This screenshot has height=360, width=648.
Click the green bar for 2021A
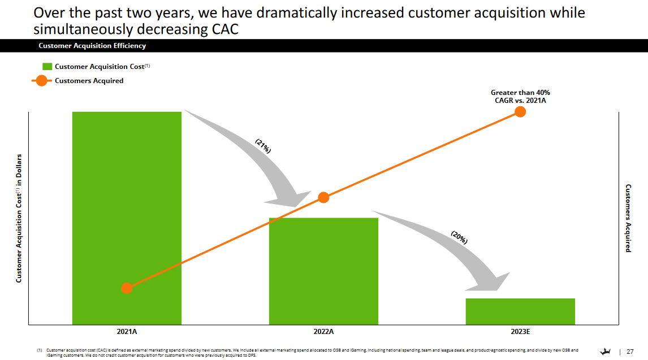tap(127, 218)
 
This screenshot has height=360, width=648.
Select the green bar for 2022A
tap(323, 271)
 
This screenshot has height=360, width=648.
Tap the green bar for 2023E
tap(520, 311)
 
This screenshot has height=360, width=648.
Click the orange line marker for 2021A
tap(127, 288)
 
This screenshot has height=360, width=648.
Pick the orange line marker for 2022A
tap(323, 197)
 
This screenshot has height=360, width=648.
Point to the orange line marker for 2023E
tap(520, 112)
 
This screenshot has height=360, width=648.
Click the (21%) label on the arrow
tap(263, 146)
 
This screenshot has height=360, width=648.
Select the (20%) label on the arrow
tap(459, 237)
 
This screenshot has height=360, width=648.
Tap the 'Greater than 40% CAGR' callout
tap(520, 96)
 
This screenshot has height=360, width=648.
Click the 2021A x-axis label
tap(127, 331)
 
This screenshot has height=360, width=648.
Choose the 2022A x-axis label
tap(323, 331)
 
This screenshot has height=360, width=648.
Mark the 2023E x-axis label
tap(520, 331)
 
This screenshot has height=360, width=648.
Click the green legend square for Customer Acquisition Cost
tap(47, 67)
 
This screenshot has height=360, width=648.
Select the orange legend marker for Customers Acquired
tap(42, 81)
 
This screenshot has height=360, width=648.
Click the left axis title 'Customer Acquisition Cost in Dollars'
tap(18, 218)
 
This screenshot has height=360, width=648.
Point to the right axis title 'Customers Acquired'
tap(628, 218)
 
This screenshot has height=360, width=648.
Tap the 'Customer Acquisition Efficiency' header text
tap(92, 46)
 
